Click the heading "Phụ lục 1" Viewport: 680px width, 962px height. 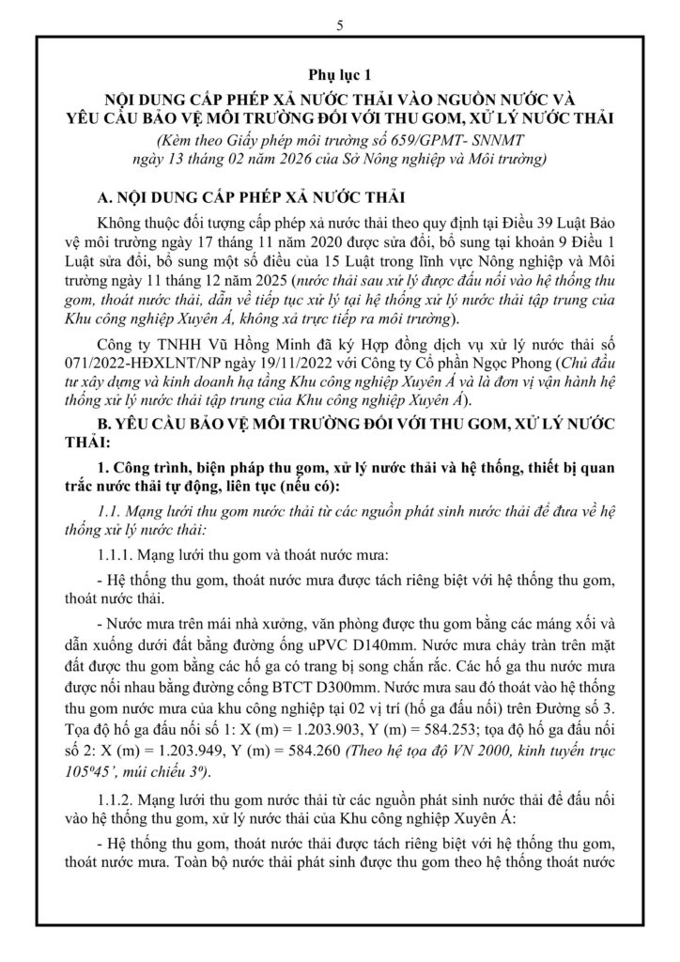pyautogui.click(x=339, y=73)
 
